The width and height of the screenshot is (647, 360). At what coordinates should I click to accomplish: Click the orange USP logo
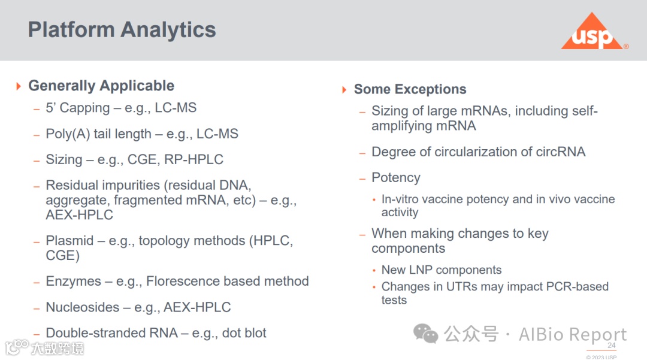tap(592, 32)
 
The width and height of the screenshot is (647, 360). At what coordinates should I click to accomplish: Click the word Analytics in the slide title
tap(168, 30)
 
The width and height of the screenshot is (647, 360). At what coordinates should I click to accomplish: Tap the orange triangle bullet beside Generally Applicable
tap(19, 86)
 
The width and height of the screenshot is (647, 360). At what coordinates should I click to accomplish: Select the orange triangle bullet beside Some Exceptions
tap(344, 89)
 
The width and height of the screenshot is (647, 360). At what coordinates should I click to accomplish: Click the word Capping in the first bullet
tap(84, 108)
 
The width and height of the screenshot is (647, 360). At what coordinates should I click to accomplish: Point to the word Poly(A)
tap(68, 134)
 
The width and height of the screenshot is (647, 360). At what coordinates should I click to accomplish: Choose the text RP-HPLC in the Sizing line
tap(194, 159)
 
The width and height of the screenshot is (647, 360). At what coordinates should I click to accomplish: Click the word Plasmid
tap(69, 240)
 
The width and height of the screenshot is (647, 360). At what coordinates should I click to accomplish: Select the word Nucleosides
tap(83, 307)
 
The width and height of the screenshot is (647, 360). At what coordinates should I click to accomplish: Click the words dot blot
tap(244, 333)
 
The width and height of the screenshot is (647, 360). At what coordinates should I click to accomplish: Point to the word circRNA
tap(560, 152)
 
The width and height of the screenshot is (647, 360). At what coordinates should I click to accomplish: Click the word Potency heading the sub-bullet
tap(396, 178)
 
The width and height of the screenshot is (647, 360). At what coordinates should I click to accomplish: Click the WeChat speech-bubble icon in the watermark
tap(425, 333)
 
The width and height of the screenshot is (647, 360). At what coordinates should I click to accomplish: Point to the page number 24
tap(612, 346)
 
